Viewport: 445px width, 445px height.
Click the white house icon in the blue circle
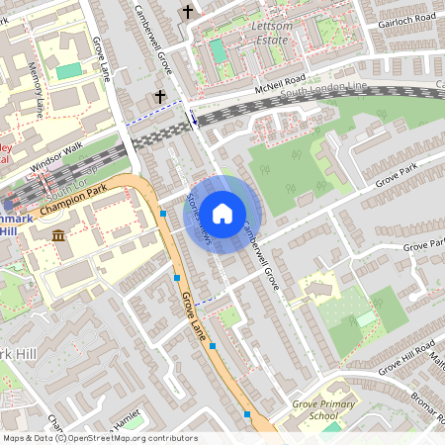pyautogui.click(x=222, y=213)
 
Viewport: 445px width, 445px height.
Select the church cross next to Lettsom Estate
pyautogui.click(x=188, y=12)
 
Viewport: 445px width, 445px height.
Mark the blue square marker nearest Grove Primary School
pyautogui.click(x=247, y=414)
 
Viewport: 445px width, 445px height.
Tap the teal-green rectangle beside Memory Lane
pyautogui.click(x=69, y=71)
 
